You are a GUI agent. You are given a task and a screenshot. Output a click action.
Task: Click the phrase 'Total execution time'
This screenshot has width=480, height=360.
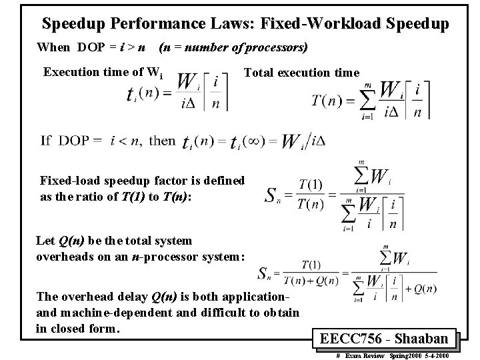click(302, 72)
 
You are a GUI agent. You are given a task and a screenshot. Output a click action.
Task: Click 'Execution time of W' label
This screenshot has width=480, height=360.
click(99, 72)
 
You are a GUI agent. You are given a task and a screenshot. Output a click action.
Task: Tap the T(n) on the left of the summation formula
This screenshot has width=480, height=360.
click(327, 101)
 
